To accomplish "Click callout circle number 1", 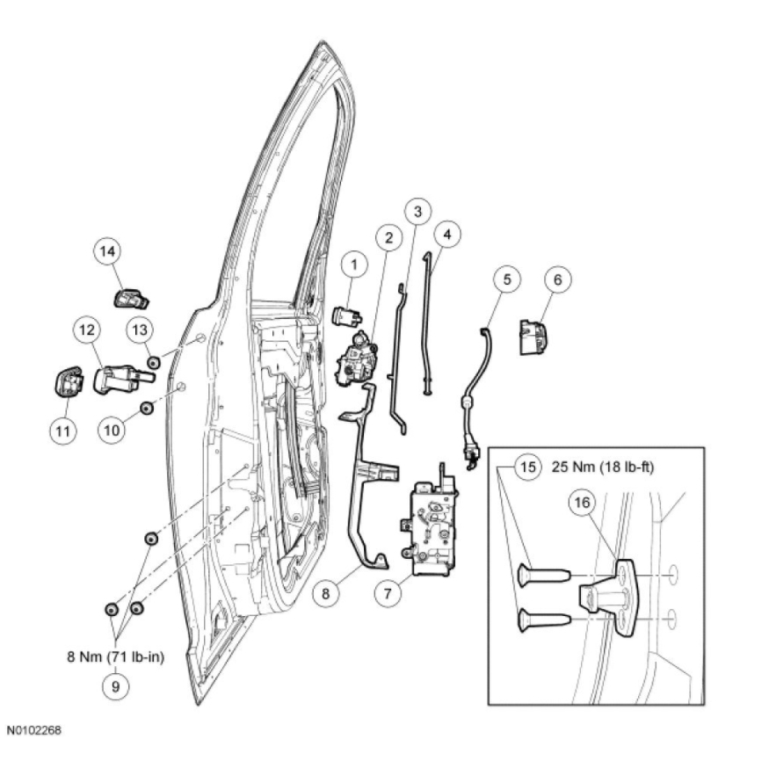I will (354, 264).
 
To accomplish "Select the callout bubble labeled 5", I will (505, 280).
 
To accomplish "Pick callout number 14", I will (107, 252).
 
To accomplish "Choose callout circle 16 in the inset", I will (583, 503).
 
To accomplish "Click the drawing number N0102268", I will (35, 730).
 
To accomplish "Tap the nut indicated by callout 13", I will (153, 360).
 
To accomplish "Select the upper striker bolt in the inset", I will (541, 576).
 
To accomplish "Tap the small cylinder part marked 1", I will (346, 315).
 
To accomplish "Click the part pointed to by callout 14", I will (131, 298).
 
